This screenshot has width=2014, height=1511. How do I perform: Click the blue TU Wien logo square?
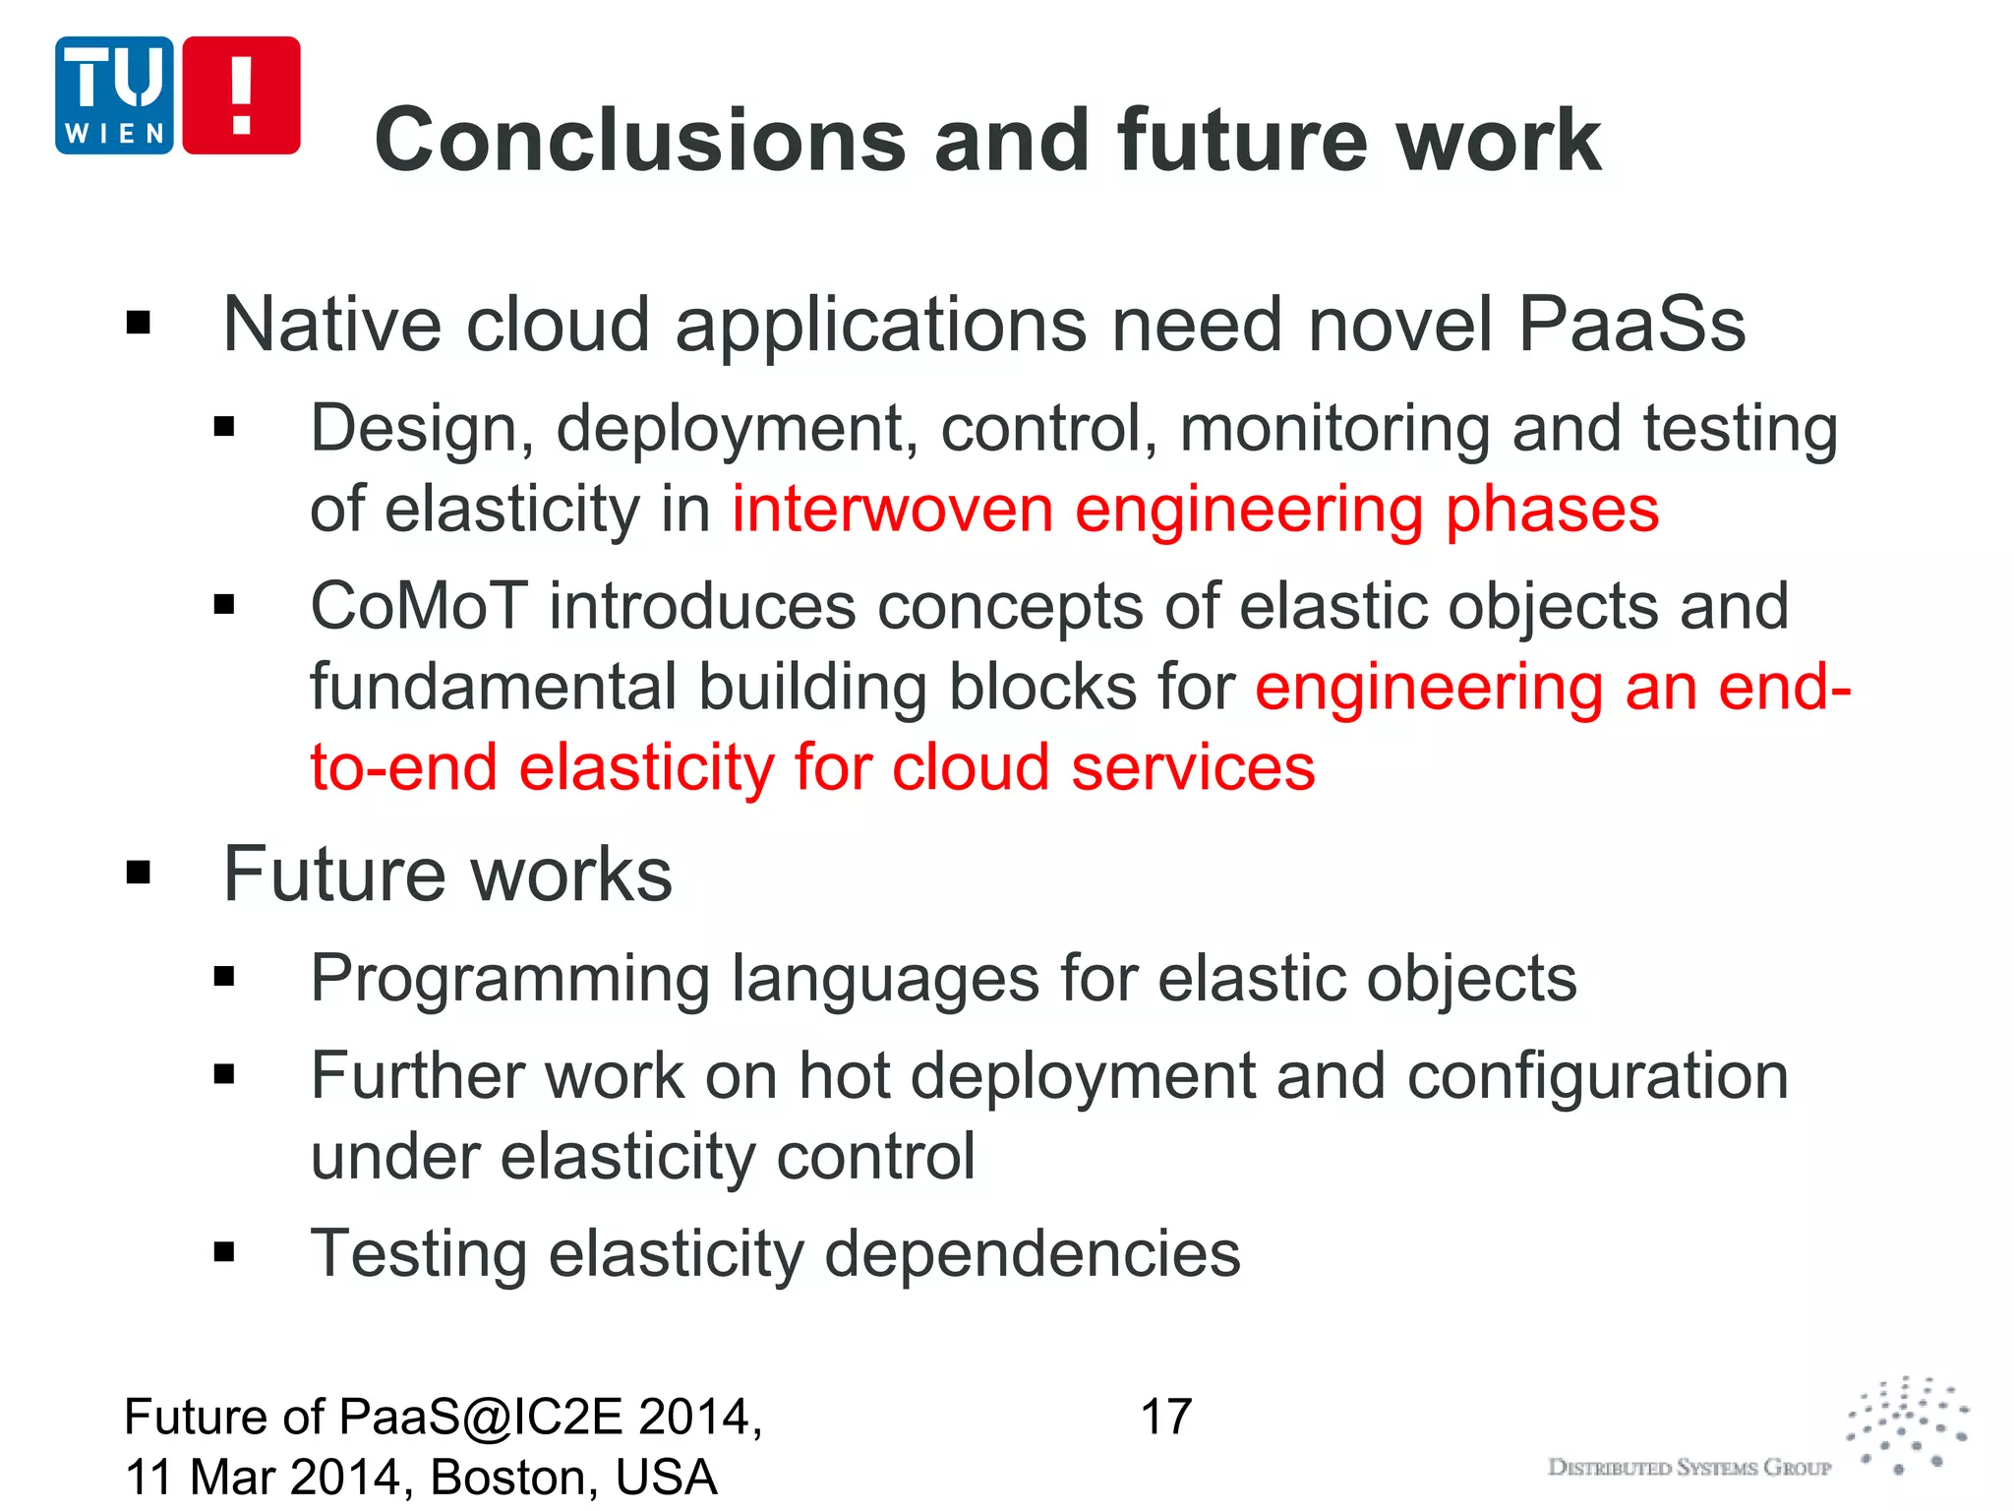pyautogui.click(x=114, y=95)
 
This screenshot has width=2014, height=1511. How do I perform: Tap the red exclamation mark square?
pyautogui.click(x=241, y=95)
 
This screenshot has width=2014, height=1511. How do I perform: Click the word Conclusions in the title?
pyautogui.click(x=639, y=141)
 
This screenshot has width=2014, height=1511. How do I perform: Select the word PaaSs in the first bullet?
pyautogui.click(x=1631, y=325)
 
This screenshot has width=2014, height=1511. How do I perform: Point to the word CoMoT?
pyautogui.click(x=419, y=606)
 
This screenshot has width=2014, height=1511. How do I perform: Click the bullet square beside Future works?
pyautogui.click(x=139, y=872)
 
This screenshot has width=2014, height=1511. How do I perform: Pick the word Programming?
pyautogui.click(x=510, y=980)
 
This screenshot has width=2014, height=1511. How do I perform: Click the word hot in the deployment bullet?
pyautogui.click(x=843, y=1075)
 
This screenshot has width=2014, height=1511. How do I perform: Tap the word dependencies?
pyautogui.click(x=1032, y=1254)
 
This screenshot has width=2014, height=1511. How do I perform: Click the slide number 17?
pyautogui.click(x=1165, y=1418)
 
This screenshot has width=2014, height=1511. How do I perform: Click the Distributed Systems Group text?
pyautogui.click(x=1688, y=1468)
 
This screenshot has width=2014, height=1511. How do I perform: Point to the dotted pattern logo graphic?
pyautogui.click(x=1908, y=1425)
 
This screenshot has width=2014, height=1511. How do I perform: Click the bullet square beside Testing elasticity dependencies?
pyautogui.click(x=224, y=1252)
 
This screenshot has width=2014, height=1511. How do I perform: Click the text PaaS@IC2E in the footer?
pyautogui.click(x=481, y=1418)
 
